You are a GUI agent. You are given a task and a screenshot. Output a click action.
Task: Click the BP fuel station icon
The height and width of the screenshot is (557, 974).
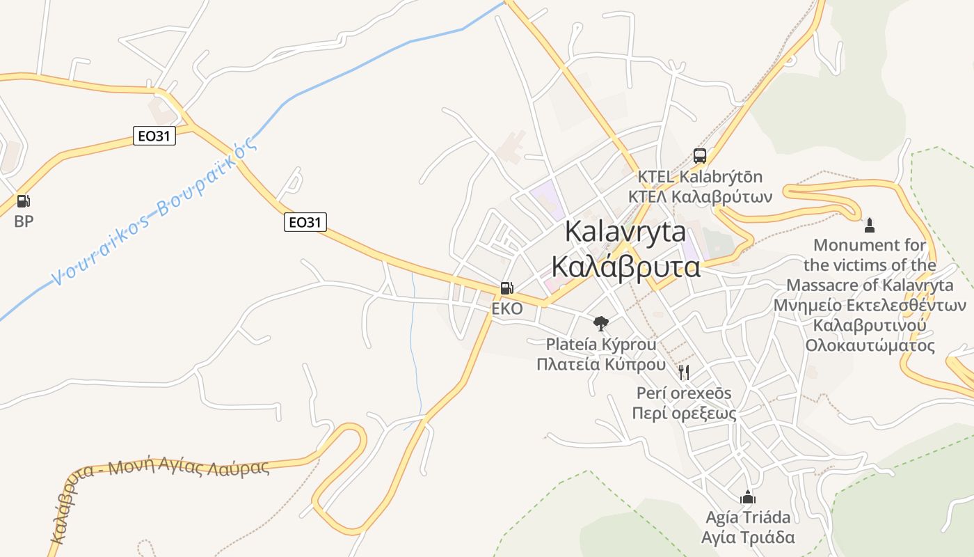click(x=24, y=201)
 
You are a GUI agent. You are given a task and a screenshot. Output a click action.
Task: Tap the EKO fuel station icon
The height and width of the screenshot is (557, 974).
click(x=507, y=288)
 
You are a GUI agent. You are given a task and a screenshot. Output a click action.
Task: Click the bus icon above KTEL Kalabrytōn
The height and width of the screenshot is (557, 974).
click(x=700, y=156)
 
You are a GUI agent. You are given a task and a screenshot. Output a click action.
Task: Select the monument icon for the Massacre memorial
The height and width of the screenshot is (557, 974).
click(x=869, y=225)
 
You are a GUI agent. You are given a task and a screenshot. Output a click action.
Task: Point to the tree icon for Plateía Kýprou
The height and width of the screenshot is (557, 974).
click(x=601, y=323)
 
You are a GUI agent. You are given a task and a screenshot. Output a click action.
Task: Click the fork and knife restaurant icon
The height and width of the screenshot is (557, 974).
click(x=685, y=372)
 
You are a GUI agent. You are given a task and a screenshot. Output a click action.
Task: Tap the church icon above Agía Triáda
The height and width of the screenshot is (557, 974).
click(x=748, y=497)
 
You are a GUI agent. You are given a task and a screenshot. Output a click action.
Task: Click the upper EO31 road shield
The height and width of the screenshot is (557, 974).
click(x=154, y=136)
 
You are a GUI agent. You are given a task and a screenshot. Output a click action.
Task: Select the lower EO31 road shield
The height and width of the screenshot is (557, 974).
click(x=305, y=222)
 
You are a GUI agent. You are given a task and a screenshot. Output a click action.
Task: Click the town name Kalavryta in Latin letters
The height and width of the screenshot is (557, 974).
click(x=625, y=231)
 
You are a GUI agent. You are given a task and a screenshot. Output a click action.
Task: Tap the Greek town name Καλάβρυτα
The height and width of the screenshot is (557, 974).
click(x=625, y=267)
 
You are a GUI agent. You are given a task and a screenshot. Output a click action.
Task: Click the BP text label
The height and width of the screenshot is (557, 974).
click(x=24, y=221)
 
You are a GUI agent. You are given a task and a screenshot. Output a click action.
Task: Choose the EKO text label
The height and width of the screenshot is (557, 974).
click(x=506, y=308)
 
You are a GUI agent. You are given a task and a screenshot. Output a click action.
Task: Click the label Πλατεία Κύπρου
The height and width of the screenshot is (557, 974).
click(x=601, y=364)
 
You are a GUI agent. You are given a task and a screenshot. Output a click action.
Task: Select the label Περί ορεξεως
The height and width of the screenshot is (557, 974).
click(x=684, y=413)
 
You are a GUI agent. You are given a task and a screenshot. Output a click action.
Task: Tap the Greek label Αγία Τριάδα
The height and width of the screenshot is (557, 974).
click(x=748, y=538)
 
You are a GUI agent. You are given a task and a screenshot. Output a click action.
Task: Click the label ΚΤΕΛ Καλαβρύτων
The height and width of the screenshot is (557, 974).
click(x=700, y=196)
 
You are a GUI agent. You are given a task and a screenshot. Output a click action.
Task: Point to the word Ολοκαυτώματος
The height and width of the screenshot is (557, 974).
click(x=870, y=345)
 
